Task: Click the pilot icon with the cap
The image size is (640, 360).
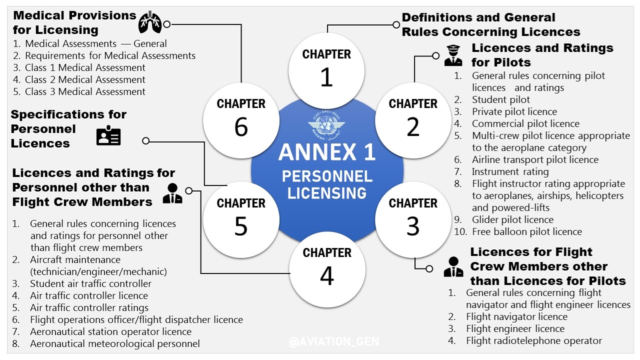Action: [x=453, y=55]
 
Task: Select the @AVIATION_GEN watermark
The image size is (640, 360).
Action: [x=333, y=342]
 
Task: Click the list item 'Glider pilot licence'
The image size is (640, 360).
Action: [x=512, y=219]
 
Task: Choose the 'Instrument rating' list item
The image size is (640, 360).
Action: [x=510, y=171]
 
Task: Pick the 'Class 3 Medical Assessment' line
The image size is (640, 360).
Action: [x=85, y=91]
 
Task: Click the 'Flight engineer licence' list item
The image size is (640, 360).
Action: [x=515, y=328]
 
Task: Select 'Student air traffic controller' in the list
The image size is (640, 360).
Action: [x=90, y=283]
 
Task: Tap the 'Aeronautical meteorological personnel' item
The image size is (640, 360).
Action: [x=114, y=343]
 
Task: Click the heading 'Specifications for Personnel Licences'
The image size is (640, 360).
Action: [x=68, y=129]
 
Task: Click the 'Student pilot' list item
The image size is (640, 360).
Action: [x=501, y=99]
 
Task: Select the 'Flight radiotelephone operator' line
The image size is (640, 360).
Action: [x=533, y=340]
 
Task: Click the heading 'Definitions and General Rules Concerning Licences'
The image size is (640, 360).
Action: [x=490, y=24]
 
